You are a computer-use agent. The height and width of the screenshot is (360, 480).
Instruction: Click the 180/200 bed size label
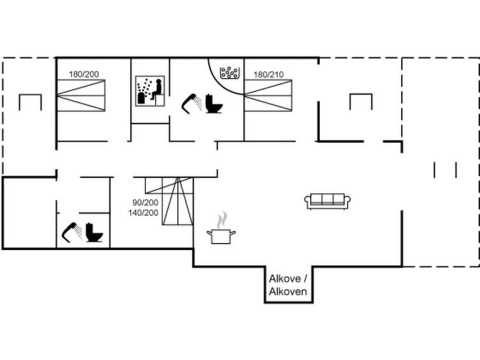click(84, 74)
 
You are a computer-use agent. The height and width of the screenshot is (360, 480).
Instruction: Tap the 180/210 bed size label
click(268, 74)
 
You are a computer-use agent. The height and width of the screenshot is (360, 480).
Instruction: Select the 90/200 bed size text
click(145, 202)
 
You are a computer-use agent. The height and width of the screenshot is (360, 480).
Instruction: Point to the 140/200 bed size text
click(143, 212)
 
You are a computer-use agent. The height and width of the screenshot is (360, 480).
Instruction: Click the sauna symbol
click(150, 91)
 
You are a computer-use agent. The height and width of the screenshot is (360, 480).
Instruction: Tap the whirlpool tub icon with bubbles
click(230, 73)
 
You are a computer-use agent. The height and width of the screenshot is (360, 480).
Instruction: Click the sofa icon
click(327, 201)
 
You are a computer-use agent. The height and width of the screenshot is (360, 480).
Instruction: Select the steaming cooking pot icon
click(221, 228)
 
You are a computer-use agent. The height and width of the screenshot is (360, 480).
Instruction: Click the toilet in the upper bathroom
click(214, 104)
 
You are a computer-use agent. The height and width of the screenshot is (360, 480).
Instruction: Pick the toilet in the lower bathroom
click(94, 233)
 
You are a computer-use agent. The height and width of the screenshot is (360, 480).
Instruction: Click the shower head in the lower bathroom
click(72, 233)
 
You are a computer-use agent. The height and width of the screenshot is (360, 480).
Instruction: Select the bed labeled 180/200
click(81, 95)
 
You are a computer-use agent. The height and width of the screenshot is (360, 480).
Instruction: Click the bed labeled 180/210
click(268, 95)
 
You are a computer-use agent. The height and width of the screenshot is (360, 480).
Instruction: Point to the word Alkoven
click(288, 291)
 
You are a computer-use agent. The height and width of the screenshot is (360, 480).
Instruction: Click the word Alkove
click(285, 279)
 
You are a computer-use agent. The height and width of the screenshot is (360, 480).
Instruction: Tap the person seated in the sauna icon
click(156, 90)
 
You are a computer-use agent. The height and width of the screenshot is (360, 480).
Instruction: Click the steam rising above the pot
click(223, 219)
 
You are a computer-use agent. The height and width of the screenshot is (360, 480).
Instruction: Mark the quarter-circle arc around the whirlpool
click(220, 82)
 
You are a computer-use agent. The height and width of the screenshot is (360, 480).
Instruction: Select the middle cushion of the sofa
click(327, 199)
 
